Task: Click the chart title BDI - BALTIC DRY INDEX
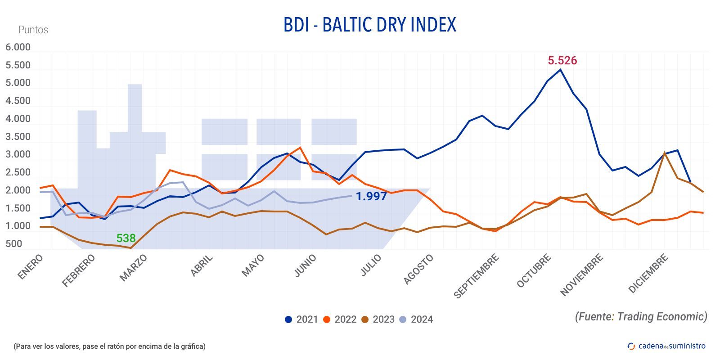(369, 25)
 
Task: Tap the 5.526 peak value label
(562, 60)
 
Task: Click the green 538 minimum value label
(126, 238)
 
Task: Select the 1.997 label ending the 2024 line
(371, 196)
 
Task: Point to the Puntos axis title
(33, 30)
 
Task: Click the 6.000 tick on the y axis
(18, 47)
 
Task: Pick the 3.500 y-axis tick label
(18, 137)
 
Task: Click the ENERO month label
(30, 267)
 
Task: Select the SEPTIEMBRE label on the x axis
(476, 276)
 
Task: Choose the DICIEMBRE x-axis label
(648, 274)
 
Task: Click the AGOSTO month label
(418, 269)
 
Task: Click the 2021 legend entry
(301, 319)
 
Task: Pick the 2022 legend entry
(340, 319)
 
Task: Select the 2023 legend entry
(378, 319)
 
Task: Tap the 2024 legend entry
(416, 319)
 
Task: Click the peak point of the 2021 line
(560, 69)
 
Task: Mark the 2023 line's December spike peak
(665, 153)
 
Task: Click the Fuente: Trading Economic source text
(641, 316)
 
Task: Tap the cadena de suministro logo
(666, 346)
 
